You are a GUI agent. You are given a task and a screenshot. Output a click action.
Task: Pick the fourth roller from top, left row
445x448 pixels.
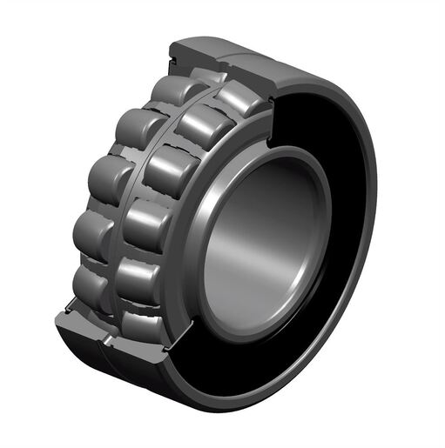(x=91, y=232)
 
